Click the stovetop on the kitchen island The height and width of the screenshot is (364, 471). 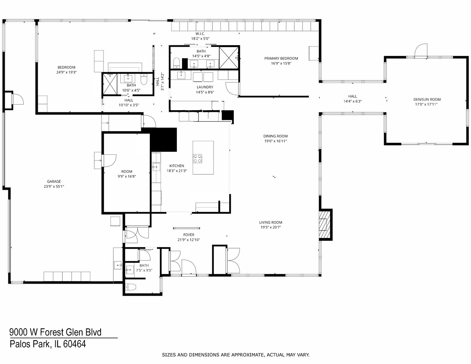point(197,158)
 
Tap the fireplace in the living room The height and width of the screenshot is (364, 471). point(324,224)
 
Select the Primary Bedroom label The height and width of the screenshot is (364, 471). point(281,58)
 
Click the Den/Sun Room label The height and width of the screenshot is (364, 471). point(427,99)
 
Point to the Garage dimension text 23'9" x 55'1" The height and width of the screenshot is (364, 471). point(54,186)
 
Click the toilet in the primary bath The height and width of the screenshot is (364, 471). point(176,63)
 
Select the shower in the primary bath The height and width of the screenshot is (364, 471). point(229,58)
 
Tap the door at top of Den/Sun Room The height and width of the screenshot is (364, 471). point(420,51)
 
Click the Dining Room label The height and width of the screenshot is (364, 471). point(275,136)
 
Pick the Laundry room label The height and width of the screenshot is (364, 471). point(205,87)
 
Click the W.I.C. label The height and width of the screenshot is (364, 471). point(200,34)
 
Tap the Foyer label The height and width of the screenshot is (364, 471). point(189,235)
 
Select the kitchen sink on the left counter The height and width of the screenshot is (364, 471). point(156,166)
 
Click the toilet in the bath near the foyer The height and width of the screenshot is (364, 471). point(130,287)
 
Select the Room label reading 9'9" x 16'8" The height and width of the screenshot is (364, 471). point(127,172)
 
